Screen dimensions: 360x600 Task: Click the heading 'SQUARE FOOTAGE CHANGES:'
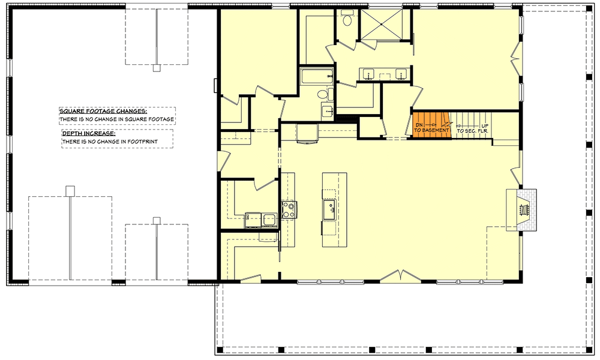click(103, 111)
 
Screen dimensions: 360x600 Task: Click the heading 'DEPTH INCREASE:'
click(89, 133)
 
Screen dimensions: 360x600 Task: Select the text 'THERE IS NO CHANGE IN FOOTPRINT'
click(116, 142)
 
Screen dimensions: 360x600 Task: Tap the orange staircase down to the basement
click(431, 125)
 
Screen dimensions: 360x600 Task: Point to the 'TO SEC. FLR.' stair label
click(471, 130)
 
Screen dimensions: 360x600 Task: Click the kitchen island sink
click(329, 209)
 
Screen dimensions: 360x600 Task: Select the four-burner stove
click(289, 209)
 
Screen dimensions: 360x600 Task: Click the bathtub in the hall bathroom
click(316, 76)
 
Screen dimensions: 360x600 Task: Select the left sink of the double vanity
click(368, 74)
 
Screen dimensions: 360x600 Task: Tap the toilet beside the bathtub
click(323, 94)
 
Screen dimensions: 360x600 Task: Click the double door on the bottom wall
click(397, 277)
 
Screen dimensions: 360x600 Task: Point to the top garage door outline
click(157, 36)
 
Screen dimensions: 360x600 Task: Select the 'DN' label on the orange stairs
click(419, 124)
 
